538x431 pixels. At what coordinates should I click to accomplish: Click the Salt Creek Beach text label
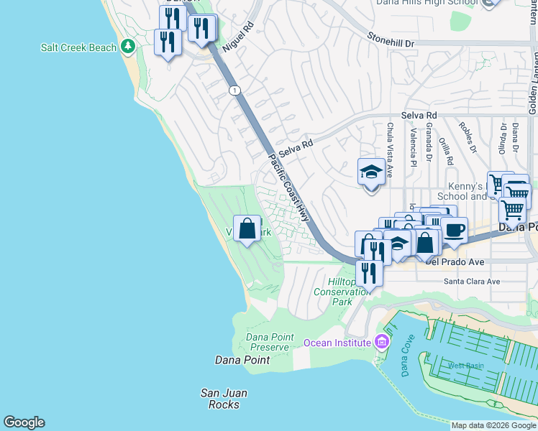point(78,47)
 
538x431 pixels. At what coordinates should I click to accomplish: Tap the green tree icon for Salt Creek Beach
point(128,47)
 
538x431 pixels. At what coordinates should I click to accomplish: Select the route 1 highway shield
point(234,90)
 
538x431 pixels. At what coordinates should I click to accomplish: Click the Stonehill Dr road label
point(391,40)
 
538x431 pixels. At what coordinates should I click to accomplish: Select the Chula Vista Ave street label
point(390,149)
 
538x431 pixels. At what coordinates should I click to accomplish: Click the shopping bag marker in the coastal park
point(247,229)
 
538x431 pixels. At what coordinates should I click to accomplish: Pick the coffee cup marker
point(454,231)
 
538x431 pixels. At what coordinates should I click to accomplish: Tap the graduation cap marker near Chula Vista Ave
point(371,173)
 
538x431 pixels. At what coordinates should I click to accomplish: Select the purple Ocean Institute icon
point(382,342)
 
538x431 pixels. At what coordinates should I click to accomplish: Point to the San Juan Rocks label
point(220,398)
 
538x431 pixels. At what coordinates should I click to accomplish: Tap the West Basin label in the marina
point(466,366)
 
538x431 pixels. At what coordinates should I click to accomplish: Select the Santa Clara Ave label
point(471,282)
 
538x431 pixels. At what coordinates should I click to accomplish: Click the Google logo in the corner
point(24,422)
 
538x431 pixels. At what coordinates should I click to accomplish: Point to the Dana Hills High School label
point(427,3)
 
